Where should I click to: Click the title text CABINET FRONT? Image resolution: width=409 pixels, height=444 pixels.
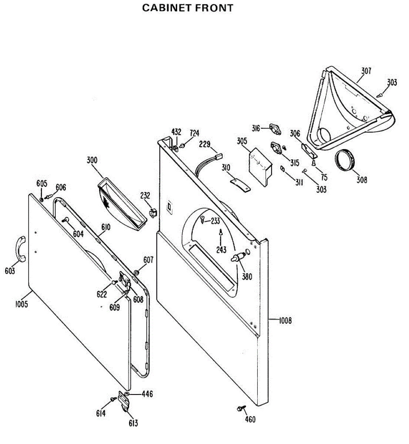[x=187, y=8]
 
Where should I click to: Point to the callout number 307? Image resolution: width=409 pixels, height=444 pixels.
[x=366, y=71]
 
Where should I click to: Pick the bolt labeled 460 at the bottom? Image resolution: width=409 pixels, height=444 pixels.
[x=240, y=408]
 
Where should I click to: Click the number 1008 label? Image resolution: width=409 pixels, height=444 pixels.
[x=285, y=320]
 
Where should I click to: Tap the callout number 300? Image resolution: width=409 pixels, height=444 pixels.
[x=92, y=160]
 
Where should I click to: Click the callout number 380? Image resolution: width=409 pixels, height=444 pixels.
[x=247, y=276]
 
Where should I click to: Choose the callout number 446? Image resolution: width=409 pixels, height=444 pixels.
[x=147, y=394]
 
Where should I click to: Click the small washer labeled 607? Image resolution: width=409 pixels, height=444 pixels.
[x=136, y=273]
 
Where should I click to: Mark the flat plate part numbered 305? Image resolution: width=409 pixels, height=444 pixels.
[x=261, y=165]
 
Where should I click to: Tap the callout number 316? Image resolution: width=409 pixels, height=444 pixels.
[x=256, y=128]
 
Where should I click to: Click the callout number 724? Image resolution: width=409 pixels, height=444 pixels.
[x=195, y=133]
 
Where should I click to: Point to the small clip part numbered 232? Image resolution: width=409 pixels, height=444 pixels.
[x=152, y=212]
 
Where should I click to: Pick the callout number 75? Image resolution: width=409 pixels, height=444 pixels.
[x=324, y=177]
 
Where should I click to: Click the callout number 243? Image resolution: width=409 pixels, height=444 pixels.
[x=221, y=250]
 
